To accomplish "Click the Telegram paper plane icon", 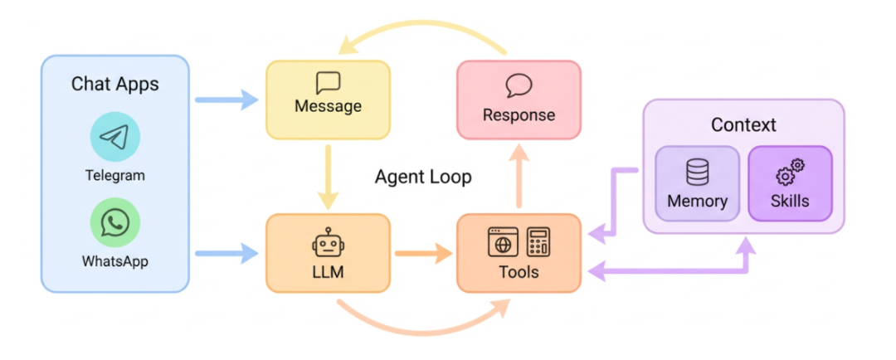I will (x=114, y=137).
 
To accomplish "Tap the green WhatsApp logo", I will (x=114, y=223).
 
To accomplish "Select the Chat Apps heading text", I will (x=114, y=84).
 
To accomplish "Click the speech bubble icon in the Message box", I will (x=328, y=83).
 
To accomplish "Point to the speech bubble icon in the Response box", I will (x=519, y=85).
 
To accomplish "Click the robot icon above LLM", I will (x=328, y=242).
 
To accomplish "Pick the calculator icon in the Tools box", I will (x=538, y=242).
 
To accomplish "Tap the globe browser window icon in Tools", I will (x=503, y=242).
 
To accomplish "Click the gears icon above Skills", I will (x=790, y=173).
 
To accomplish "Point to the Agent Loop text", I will (x=423, y=177).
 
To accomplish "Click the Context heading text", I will (x=743, y=125).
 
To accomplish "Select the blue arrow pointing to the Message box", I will (x=226, y=100).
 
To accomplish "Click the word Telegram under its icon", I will (x=114, y=175).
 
